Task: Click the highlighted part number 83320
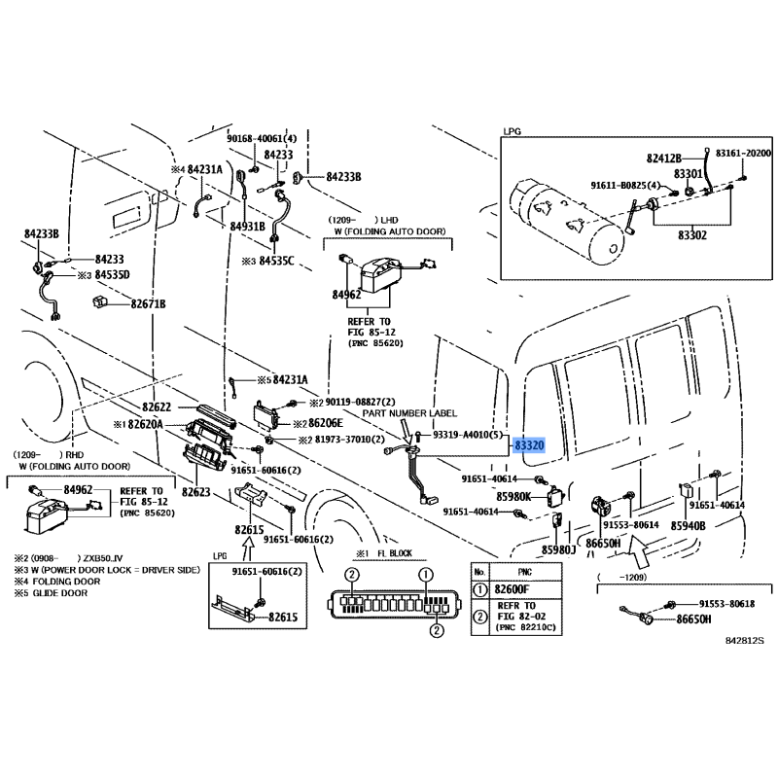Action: [x=529, y=444]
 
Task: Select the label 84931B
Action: [x=247, y=226]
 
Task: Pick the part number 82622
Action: [x=157, y=407]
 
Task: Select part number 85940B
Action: [x=687, y=525]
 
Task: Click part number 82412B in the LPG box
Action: [x=668, y=155]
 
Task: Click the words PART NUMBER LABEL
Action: [x=409, y=413]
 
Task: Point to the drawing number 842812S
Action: [x=745, y=641]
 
